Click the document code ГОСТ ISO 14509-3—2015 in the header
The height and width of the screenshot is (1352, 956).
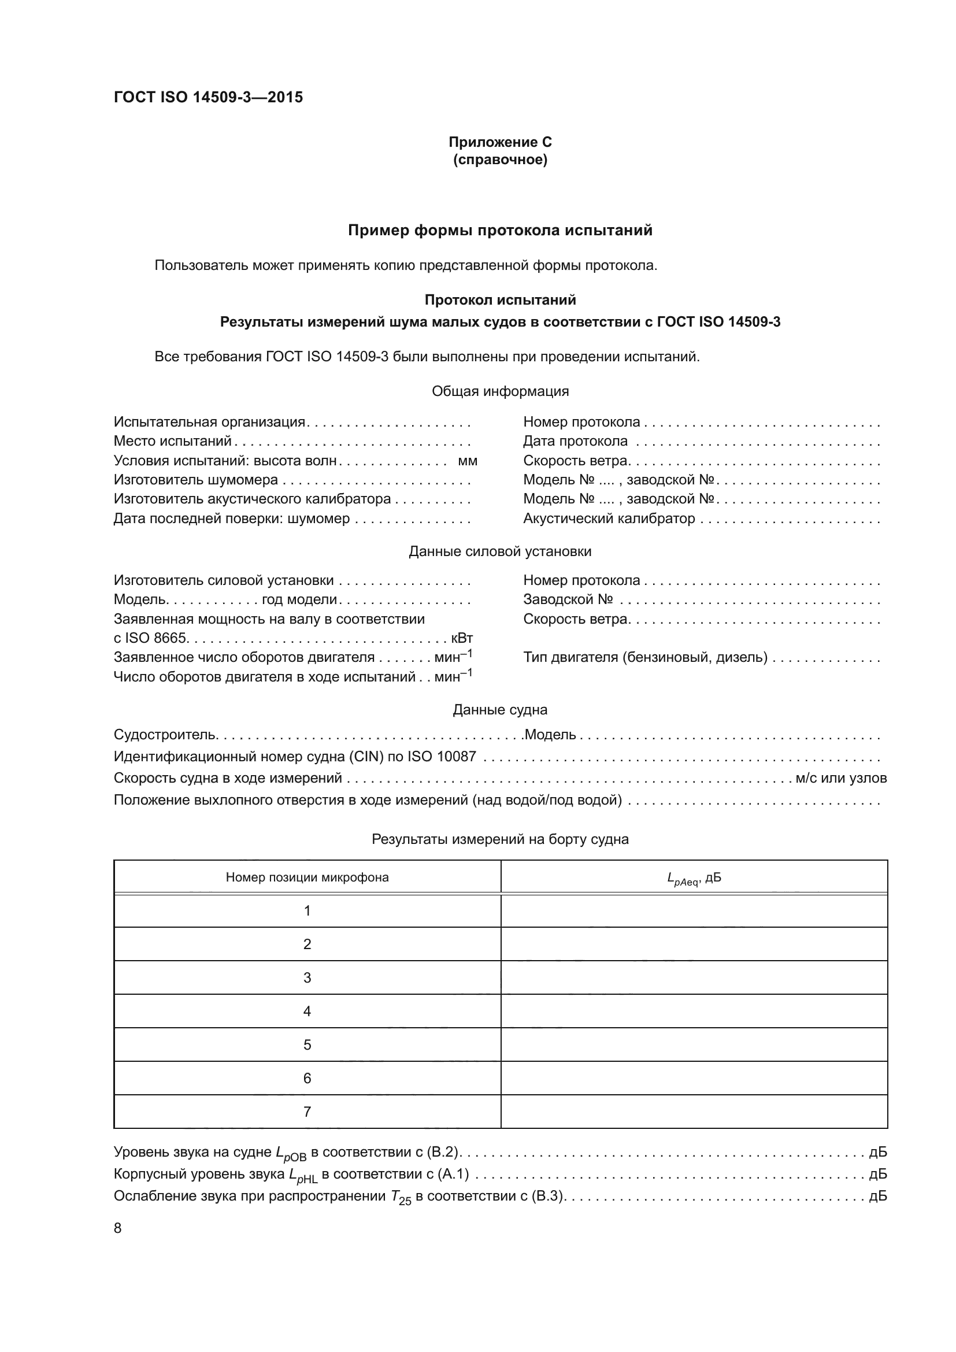coord(209,97)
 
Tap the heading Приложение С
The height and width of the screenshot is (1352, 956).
coord(500,142)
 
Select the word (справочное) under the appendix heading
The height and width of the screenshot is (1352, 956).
coord(500,160)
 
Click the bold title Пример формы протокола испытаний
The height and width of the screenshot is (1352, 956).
coord(500,230)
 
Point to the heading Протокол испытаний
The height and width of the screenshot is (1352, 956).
coord(500,300)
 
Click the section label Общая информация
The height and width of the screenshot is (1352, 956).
coord(500,391)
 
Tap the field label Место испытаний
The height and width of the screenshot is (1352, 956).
coord(172,441)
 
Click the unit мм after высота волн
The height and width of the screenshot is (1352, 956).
coord(468,461)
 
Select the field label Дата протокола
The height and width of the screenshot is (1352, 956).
coord(575,441)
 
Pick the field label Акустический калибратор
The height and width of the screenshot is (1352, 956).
coord(609,518)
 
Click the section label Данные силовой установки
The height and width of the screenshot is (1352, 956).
coord(500,551)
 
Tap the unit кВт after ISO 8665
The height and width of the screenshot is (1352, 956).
coord(461,638)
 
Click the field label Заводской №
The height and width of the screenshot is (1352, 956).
coord(568,599)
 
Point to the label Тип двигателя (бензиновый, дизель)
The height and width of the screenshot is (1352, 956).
coord(645,657)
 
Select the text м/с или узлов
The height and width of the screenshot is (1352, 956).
coord(840,778)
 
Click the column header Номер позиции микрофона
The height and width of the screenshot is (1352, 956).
coord(307,877)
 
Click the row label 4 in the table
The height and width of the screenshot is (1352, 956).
coord(307,1011)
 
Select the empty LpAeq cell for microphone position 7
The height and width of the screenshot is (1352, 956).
coord(694,1112)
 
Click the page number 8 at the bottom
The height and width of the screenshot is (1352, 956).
coord(118,1228)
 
